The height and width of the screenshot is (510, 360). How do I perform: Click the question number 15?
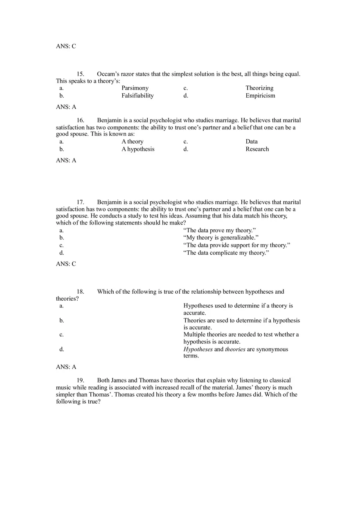80,74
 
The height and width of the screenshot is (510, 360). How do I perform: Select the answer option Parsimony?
135,88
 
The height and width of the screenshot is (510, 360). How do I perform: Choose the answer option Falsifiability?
137,96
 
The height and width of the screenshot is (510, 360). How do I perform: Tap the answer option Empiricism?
260,96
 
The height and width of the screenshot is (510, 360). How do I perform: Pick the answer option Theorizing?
259,88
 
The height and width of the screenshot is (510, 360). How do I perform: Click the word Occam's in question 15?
108,74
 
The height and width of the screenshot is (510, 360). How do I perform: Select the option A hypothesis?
138,149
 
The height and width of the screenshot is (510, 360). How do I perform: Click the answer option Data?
252,142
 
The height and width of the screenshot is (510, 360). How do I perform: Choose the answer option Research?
257,149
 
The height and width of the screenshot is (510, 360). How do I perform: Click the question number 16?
80,120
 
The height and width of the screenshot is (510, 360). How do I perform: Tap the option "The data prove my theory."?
220,230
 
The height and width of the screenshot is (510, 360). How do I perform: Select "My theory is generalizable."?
221,238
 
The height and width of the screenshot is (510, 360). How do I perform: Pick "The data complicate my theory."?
226,253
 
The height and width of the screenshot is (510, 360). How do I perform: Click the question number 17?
80,202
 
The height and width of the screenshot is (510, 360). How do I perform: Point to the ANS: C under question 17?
66,264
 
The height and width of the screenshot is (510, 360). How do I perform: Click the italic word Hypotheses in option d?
198,349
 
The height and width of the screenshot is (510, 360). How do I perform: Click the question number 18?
80,292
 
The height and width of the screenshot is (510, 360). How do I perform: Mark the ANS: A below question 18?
66,367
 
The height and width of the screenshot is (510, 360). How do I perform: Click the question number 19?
80,380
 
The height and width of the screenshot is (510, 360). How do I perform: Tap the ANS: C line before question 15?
66,46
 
